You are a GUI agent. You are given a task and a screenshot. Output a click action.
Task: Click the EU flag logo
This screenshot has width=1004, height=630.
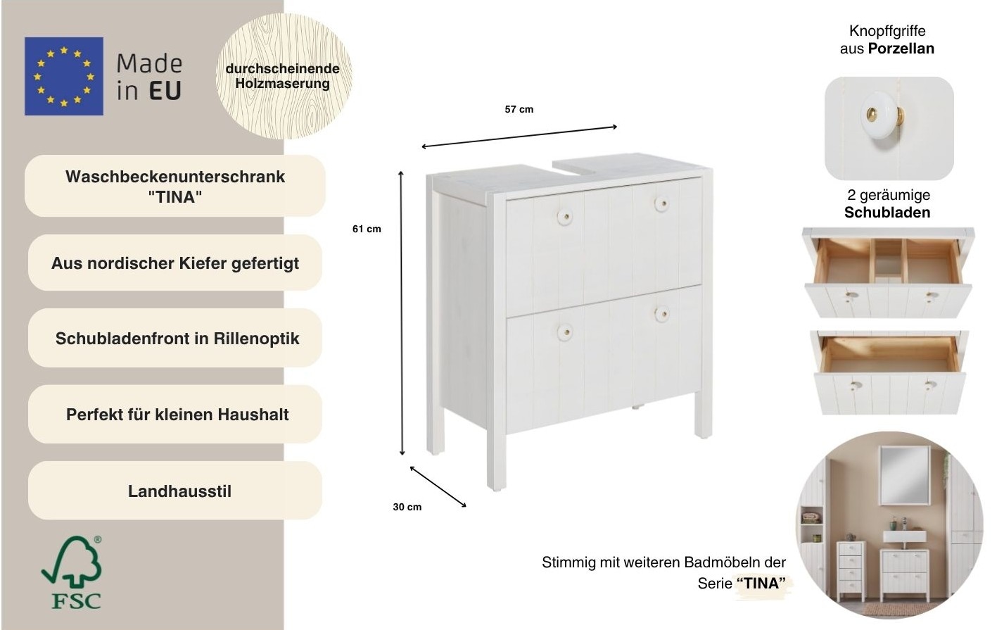point(63,76)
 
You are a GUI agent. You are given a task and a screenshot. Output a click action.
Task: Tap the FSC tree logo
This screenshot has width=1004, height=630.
point(71,572)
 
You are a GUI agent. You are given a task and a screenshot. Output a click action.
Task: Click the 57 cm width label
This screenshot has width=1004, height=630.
point(519,109)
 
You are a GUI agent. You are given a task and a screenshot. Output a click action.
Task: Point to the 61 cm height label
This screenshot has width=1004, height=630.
point(367,229)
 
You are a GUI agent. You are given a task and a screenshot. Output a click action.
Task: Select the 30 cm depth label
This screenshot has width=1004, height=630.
point(407,507)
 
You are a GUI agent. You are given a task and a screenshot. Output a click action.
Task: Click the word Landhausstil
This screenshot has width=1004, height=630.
point(179,491)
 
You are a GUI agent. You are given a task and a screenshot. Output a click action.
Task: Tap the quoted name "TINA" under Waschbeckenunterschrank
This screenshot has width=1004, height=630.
point(174,197)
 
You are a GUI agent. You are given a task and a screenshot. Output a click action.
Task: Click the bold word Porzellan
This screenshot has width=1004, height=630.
point(901,49)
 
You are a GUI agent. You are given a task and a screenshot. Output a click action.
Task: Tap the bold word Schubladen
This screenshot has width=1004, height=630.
point(887,213)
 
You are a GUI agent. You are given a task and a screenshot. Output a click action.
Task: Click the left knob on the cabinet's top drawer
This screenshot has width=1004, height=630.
point(564,216)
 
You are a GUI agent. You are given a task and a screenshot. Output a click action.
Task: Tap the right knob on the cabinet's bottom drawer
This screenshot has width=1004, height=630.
point(661,314)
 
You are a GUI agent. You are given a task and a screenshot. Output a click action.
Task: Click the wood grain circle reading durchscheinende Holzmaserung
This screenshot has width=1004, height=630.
point(282,76)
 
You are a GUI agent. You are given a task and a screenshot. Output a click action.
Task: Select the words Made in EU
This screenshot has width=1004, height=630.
point(148,77)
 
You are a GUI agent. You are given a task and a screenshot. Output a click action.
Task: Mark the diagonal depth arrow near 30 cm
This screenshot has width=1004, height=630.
point(438,486)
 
